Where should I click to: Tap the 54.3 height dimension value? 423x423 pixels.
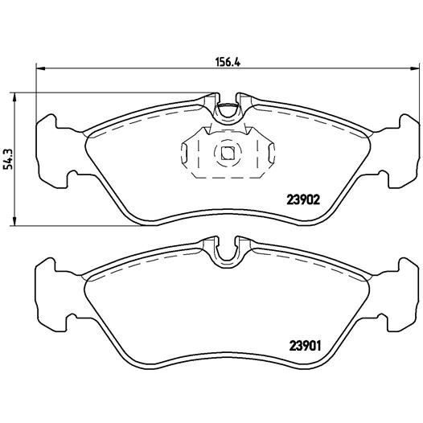[x=9, y=158]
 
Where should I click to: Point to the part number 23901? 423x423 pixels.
[x=304, y=347]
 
